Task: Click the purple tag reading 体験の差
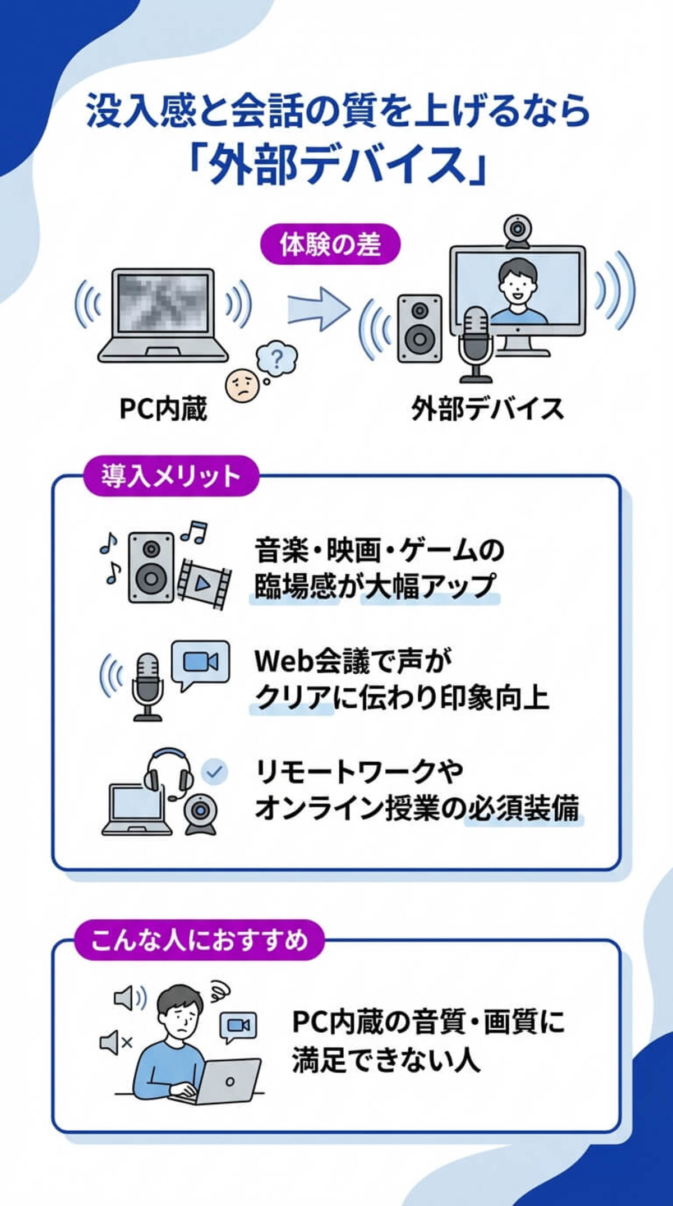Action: point(330,245)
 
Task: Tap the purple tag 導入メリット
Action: point(170,476)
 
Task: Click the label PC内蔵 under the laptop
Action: point(163,409)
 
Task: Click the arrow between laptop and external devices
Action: point(317,307)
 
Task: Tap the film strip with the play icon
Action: point(204,583)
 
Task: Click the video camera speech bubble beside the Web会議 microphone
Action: point(200,664)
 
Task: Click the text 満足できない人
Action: point(386,1059)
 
